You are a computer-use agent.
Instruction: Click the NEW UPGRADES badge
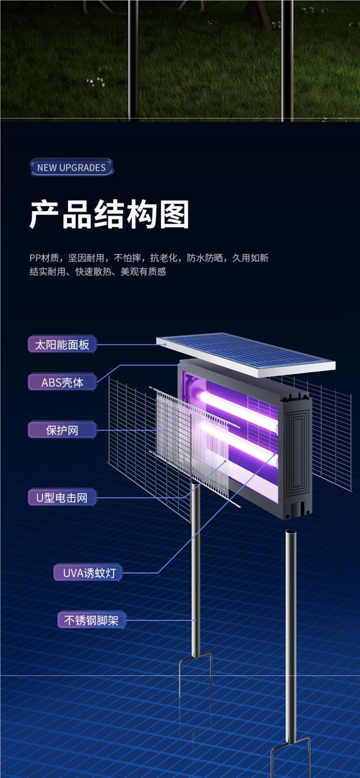(71, 167)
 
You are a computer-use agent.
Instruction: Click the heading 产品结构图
(109, 214)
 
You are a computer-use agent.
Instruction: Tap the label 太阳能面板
(62, 345)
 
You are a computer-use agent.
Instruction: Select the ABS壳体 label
(62, 382)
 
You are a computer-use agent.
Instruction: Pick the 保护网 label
(62, 430)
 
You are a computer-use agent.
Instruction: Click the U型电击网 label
(62, 498)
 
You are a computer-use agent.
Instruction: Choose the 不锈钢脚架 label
(91, 620)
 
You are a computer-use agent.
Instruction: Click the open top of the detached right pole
(291, 532)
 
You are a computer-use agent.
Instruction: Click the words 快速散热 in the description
(93, 272)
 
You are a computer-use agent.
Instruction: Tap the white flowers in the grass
(96, 82)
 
